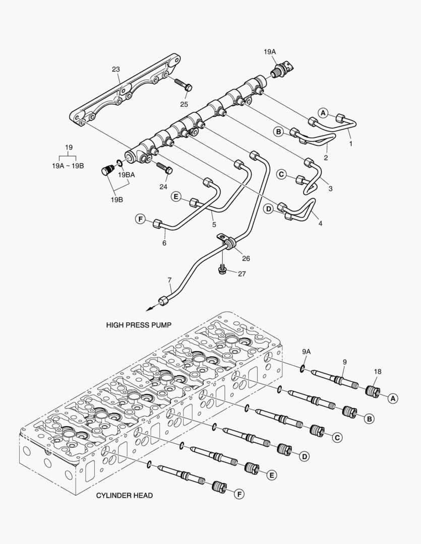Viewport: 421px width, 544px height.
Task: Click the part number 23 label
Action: (x=116, y=70)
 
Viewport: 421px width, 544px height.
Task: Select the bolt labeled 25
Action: (x=183, y=84)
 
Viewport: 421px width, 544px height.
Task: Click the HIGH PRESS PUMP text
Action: (x=139, y=325)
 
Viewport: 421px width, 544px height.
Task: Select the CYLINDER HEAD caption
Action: (x=124, y=495)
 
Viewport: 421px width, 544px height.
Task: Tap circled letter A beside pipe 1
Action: (x=323, y=112)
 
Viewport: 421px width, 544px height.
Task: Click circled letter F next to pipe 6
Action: (x=140, y=219)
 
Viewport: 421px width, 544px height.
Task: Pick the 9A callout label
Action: (x=307, y=351)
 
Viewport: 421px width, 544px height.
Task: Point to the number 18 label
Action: (x=377, y=372)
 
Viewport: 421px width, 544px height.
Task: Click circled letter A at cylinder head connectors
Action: (x=393, y=398)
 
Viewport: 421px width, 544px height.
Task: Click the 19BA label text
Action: (x=127, y=175)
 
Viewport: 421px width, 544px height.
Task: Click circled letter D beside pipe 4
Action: (x=269, y=208)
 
